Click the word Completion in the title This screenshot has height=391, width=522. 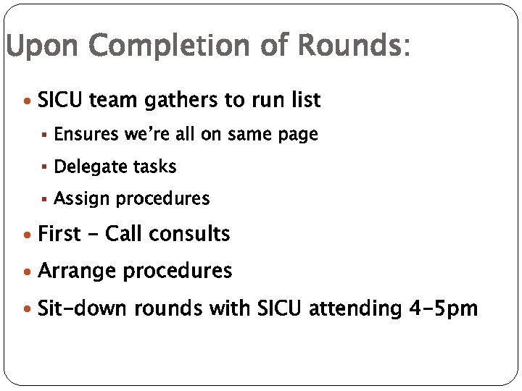(184, 47)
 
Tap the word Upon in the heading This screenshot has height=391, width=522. (44, 47)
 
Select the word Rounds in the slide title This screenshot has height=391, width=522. (348, 47)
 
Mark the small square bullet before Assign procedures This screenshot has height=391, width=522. (44, 198)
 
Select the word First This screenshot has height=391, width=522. (59, 234)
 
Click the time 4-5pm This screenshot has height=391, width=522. (443, 309)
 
